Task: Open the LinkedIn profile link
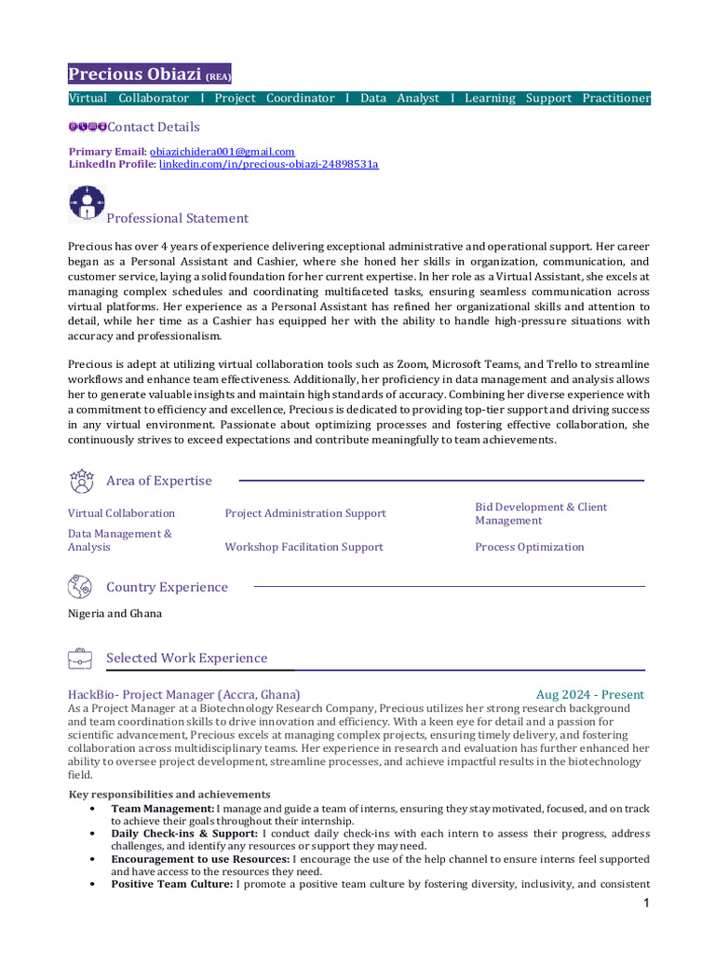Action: (x=268, y=164)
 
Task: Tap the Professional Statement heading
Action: (x=177, y=218)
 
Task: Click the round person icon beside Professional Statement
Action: (x=87, y=202)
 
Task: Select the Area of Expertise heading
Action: (x=158, y=481)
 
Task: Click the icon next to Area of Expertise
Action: (x=81, y=481)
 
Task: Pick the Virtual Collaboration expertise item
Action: (x=121, y=513)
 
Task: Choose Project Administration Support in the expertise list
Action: (x=304, y=513)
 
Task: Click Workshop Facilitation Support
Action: (x=304, y=547)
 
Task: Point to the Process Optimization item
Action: (x=529, y=547)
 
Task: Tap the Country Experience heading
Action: (x=167, y=587)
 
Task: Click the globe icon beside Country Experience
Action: (x=80, y=587)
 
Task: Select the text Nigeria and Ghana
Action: (x=115, y=613)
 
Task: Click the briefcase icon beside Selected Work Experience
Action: (x=80, y=659)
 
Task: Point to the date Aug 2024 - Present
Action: (x=589, y=695)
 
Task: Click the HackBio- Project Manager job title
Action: (x=183, y=695)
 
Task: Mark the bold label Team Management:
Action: (x=162, y=808)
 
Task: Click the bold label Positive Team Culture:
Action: (x=171, y=883)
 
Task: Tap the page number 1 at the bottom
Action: (x=645, y=904)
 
